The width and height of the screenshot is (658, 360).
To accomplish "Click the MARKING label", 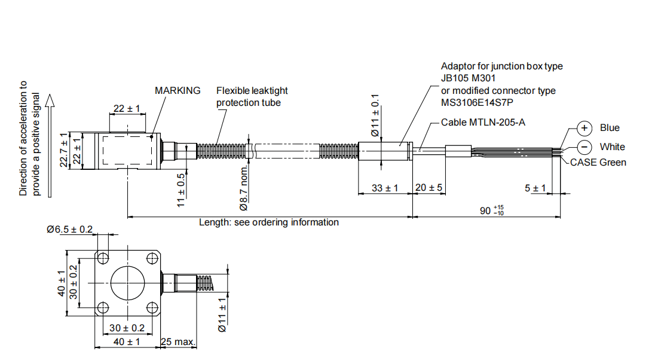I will click(x=177, y=90).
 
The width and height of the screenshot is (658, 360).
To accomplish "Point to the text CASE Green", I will click(x=598, y=162).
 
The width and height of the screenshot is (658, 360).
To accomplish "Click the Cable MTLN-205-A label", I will click(x=483, y=123).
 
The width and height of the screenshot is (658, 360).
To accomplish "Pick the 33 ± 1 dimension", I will click(x=385, y=188).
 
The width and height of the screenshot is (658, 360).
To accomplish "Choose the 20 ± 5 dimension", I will click(x=429, y=188).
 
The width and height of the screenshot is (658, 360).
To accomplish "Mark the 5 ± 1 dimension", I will click(x=535, y=188).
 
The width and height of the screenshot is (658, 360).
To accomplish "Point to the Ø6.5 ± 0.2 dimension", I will click(x=70, y=230).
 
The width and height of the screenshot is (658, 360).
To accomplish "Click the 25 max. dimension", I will click(x=178, y=341).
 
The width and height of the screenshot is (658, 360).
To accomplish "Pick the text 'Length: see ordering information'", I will click(x=269, y=222).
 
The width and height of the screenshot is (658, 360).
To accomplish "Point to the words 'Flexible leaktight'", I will click(x=252, y=90).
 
